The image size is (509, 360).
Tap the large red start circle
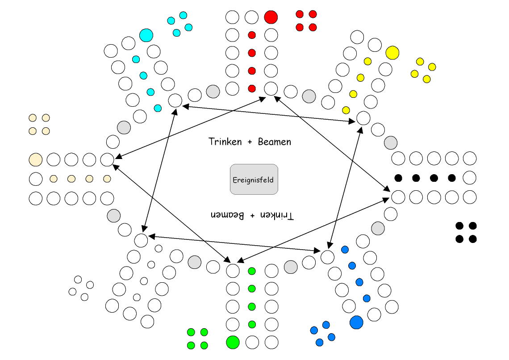(271, 17)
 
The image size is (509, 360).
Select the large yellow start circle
(392, 53)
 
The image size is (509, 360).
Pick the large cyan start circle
(146, 35)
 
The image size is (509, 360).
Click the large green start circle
(233, 342)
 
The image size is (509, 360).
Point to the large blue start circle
(356, 322)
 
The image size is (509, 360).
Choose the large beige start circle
(35, 159)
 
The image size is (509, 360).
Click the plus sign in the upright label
(249, 142)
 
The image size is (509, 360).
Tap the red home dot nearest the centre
(252, 88)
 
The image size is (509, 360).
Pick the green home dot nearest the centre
(252, 271)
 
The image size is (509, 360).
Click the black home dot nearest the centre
(399, 178)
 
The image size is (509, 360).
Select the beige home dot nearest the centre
(107, 179)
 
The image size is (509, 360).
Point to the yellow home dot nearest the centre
(346, 110)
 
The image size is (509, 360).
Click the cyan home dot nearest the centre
(158, 108)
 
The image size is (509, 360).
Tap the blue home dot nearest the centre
(345, 250)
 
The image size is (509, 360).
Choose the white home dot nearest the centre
(159, 249)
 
